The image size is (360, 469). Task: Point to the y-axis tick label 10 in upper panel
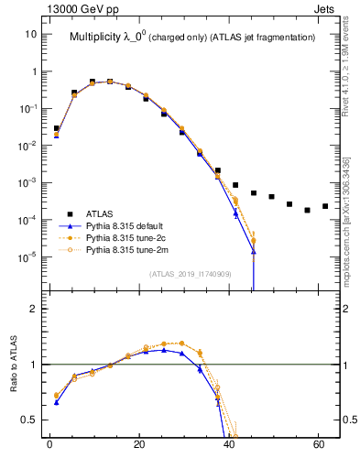30,34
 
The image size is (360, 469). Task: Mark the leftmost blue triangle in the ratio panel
56,402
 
